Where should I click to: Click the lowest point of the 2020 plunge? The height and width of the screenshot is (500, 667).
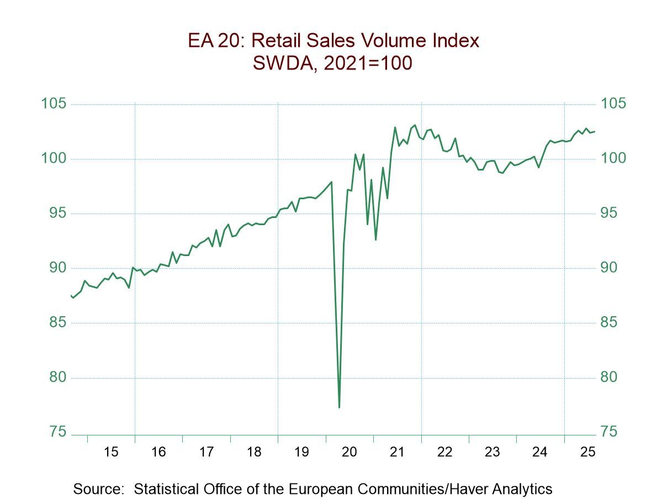point(339,407)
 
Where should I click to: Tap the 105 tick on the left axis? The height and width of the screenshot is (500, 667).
point(54,104)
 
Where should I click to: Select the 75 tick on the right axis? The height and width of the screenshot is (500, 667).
point(609,432)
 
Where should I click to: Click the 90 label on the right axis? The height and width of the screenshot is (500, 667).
point(609,268)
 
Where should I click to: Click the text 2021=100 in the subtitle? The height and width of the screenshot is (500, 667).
point(367,63)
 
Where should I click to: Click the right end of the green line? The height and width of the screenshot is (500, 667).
point(595,131)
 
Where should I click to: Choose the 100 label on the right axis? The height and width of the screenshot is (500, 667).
point(612,159)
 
